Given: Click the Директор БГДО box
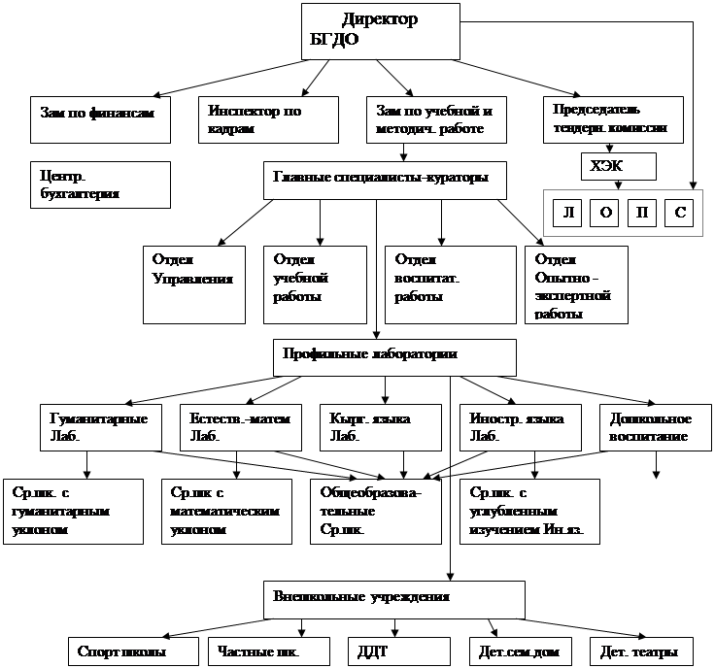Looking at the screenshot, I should coord(380,30).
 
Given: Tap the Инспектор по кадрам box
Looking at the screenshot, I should coord(268,118).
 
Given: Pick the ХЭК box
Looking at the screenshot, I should coord(617,167).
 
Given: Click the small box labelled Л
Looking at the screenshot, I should coord(567,213).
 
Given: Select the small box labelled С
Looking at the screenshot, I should coord(679,213).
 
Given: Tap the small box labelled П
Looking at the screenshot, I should coord(641,213).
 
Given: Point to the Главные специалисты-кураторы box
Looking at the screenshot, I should coord(385,180).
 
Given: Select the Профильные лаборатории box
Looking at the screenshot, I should coord(393,355).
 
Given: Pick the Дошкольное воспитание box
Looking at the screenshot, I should coord(651,427).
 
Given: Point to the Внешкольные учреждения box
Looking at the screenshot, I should coord(393,597).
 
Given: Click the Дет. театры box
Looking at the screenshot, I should coord(639,651).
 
